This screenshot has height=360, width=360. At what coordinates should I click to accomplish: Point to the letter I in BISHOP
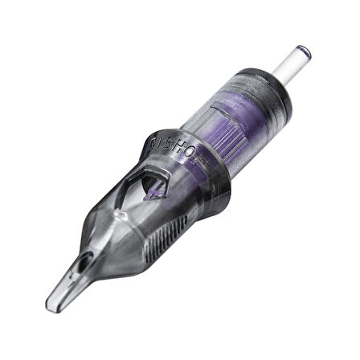pyautogui.click(x=159, y=146)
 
